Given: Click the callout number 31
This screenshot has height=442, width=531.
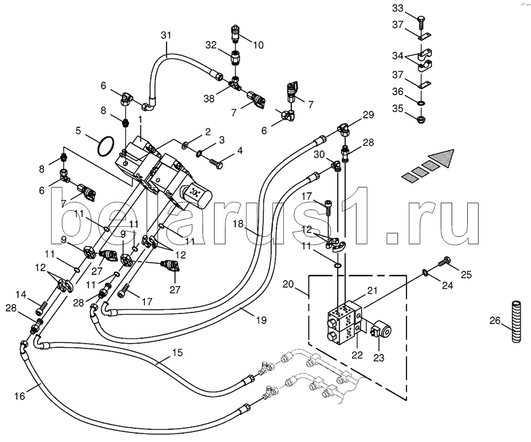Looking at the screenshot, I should (x=166, y=35).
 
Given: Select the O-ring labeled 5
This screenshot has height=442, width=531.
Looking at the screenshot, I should (x=106, y=147).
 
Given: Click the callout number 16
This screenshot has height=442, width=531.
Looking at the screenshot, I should (x=20, y=396).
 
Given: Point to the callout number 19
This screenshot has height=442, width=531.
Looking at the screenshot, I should (x=262, y=320).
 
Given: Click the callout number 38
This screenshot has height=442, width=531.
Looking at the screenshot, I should (x=209, y=99).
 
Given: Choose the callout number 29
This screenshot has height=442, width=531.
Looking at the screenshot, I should (x=367, y=116).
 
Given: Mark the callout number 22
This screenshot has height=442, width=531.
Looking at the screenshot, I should (x=357, y=354).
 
